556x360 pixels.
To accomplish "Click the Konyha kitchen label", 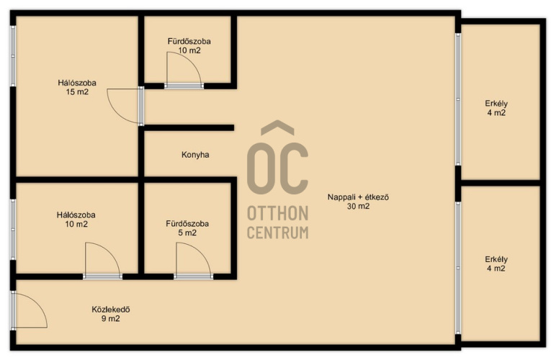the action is click(195, 155).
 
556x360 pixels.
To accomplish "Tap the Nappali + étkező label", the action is click(358, 197).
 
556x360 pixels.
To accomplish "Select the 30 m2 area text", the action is click(358, 206).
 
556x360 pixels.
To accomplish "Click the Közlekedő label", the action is click(111, 310).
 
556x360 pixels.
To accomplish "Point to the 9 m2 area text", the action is click(111, 318).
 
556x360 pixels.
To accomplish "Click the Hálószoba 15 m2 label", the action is click(77, 88).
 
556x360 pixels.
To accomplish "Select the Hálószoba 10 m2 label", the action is click(76, 220).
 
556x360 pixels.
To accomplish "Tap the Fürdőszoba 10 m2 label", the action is click(189, 45).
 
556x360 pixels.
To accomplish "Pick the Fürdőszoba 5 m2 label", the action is click(187, 228).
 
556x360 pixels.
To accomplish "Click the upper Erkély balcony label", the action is click(496, 108).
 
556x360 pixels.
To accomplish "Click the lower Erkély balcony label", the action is click(496, 264).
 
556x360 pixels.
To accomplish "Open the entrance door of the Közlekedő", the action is click(29, 310).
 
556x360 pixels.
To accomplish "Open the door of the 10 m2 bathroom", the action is click(184, 70).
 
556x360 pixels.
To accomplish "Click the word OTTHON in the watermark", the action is click(278, 214).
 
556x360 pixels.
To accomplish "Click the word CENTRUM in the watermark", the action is click(278, 233).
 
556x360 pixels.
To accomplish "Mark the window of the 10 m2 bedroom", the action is click(13, 229).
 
